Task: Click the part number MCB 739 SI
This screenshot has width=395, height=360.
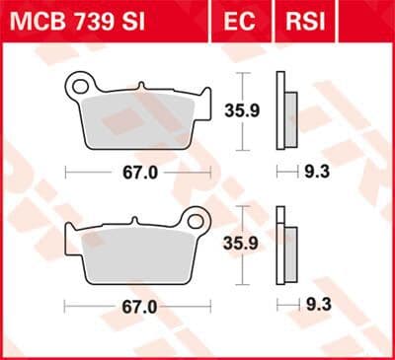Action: tap(77, 22)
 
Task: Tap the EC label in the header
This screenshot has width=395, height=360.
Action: tap(239, 22)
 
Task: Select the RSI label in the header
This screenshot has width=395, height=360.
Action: tap(305, 22)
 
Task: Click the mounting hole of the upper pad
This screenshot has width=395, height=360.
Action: tap(80, 87)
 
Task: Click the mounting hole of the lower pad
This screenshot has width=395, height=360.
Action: tap(196, 221)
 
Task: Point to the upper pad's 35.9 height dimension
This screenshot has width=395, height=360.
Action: tap(242, 110)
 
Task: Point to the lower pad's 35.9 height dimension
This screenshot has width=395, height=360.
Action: tap(241, 244)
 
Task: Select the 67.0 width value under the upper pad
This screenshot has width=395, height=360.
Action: tap(140, 173)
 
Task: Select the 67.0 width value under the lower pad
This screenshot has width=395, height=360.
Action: tap(139, 308)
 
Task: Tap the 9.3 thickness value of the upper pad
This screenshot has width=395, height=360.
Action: tap(317, 172)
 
